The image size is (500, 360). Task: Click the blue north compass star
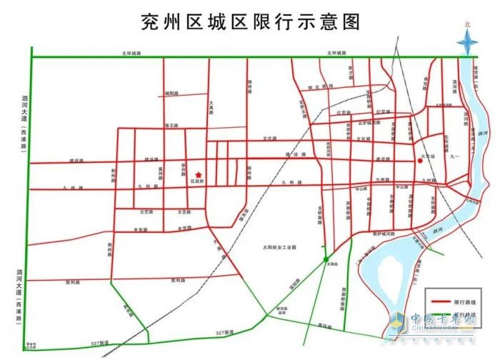(468, 44)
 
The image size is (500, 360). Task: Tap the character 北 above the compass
(468, 24)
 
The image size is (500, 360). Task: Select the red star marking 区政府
(199, 174)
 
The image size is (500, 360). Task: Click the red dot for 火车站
(420, 161)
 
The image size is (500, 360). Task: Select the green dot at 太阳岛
(326, 259)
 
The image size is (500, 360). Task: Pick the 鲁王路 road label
(171, 126)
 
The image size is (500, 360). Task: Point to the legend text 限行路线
(464, 301)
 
